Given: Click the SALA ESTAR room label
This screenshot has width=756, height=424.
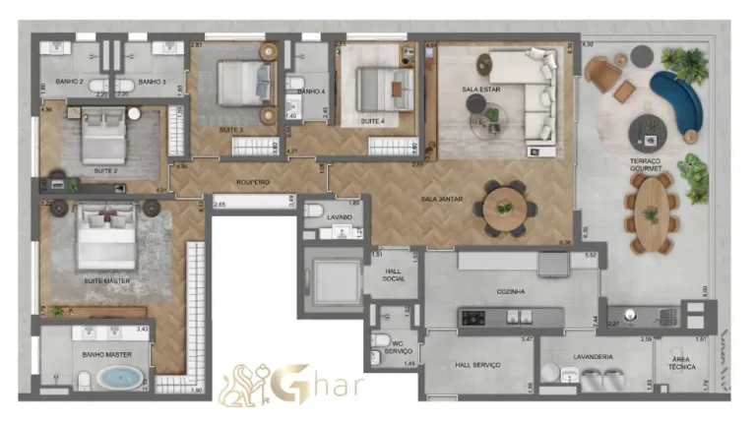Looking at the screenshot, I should point(478,90).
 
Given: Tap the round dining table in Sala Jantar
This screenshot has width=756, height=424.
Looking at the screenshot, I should point(505,210).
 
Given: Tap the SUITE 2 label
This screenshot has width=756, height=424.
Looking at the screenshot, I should point(105,170).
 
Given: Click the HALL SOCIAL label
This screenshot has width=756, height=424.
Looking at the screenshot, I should point(394,274).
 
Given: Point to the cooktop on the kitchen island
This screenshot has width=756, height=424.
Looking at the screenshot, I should point(472,318).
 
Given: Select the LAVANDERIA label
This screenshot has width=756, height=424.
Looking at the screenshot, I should point(593,356).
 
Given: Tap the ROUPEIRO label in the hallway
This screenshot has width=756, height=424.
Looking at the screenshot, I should point(253,182).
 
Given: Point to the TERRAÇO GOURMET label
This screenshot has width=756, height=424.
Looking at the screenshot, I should point(646,164).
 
